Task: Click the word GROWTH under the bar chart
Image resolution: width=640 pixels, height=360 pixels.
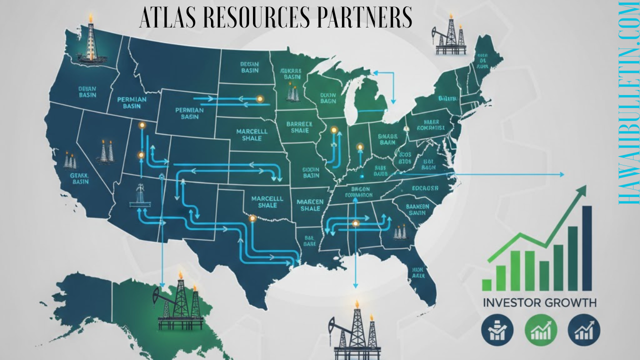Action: (572, 302)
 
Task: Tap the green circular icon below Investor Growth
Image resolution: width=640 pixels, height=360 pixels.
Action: (540, 330)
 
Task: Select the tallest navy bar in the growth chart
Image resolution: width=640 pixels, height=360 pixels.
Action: (587, 248)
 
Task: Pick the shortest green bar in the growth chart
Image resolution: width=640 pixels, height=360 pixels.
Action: (487, 284)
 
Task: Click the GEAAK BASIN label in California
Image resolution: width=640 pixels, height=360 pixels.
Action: (79, 178)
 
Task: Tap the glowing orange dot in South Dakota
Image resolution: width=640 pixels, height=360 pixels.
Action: (259, 99)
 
